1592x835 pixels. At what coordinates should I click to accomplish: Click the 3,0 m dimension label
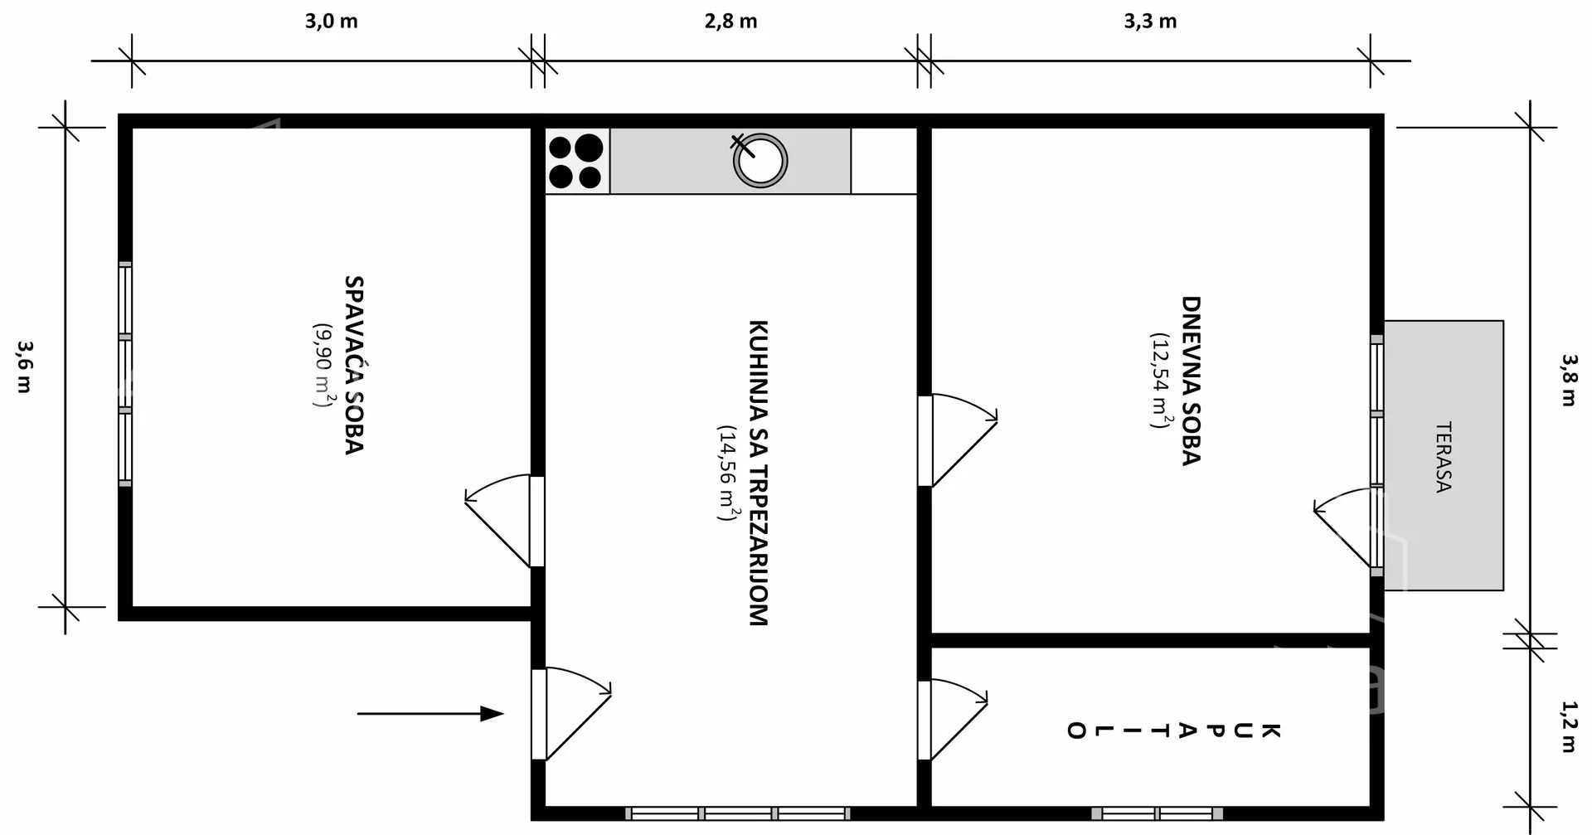pos(331,22)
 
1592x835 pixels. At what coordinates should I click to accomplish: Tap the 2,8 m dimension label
pos(730,22)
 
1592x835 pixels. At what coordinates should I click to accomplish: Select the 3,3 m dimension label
pos(1150,22)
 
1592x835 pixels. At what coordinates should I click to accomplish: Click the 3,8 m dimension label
pos(1569,380)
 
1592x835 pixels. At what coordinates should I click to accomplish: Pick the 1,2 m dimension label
pos(1569,726)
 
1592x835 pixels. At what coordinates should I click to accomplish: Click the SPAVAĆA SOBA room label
pos(354,365)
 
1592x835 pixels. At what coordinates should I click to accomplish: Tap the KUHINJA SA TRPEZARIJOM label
pos(758,473)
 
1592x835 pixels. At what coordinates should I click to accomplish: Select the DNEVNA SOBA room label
pos(1191,381)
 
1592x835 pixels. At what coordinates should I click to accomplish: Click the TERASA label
pos(1444,457)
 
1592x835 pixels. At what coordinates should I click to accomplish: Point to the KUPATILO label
pos(1173,731)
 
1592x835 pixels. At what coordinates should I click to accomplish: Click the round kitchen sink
pos(760,161)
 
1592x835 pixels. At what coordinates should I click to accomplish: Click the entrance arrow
pos(430,713)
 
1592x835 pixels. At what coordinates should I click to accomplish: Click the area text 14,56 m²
pos(727,473)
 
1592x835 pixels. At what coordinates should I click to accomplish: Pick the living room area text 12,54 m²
pos(1160,381)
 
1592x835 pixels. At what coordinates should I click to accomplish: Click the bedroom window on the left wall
pos(125,373)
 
